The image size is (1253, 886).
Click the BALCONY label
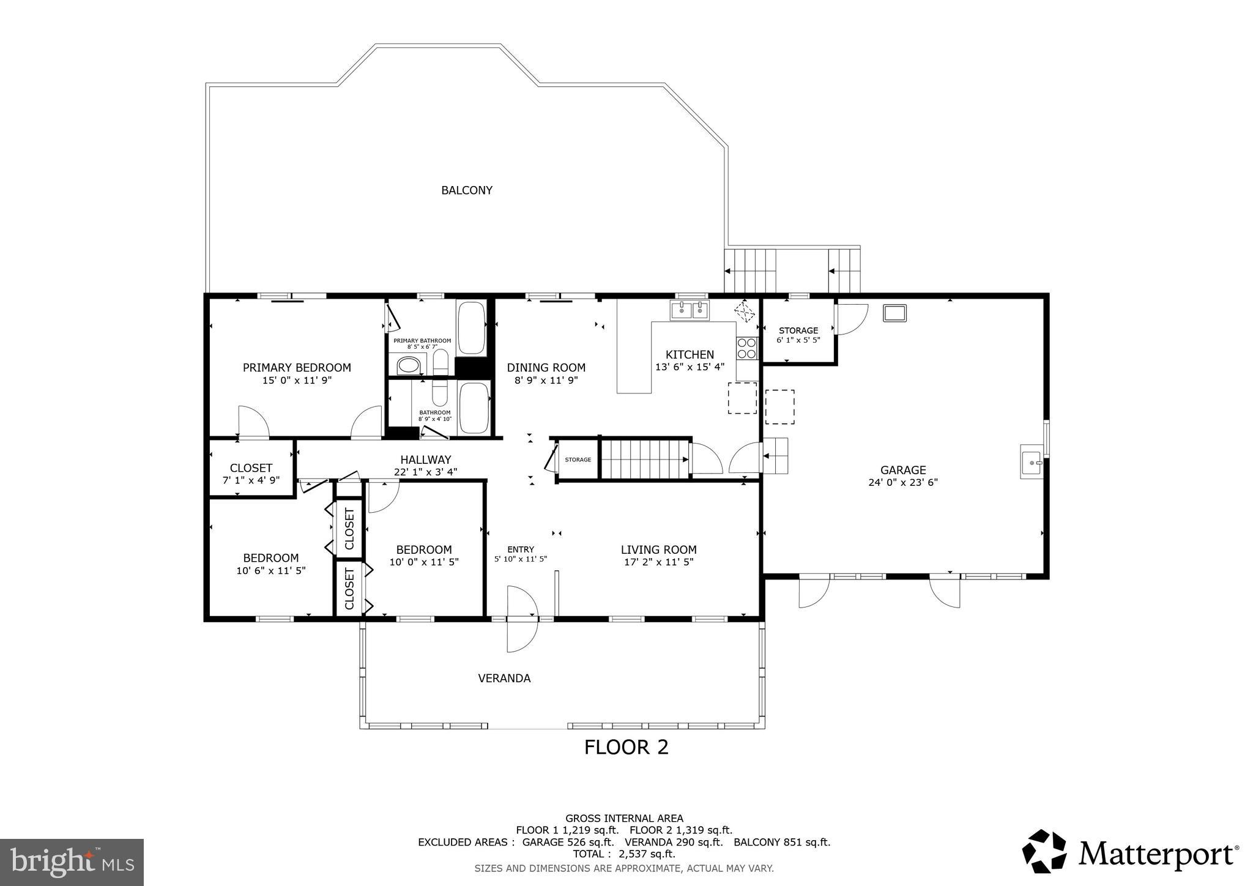(x=467, y=190)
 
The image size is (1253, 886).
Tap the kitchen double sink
(x=690, y=310)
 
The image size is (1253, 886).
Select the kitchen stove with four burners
(x=746, y=348)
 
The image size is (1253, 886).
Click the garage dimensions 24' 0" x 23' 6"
(x=903, y=482)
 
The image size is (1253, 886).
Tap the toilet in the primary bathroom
(x=441, y=363)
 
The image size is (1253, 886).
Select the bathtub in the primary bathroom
(x=471, y=328)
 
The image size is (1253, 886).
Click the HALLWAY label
(x=426, y=460)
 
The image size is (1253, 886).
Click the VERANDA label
(x=504, y=678)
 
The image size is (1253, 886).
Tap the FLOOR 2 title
(x=626, y=747)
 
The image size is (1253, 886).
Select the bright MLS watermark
(x=72, y=862)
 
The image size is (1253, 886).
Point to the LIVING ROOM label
(x=658, y=549)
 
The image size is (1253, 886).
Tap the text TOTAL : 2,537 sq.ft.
(x=624, y=854)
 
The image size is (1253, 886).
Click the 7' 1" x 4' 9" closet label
(x=251, y=480)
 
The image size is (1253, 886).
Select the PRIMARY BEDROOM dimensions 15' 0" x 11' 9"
(x=297, y=380)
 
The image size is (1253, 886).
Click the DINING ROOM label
(x=546, y=368)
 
